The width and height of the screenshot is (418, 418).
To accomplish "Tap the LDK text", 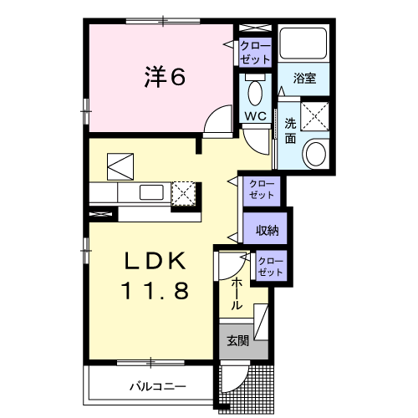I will [x=154, y=261].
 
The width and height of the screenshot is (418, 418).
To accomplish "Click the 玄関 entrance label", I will [x=237, y=340].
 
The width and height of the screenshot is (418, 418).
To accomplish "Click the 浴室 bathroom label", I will [x=304, y=79].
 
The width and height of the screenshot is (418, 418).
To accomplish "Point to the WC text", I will [x=255, y=115].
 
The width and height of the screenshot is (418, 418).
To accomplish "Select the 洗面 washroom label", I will [x=290, y=131].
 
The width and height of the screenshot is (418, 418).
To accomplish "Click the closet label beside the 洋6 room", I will [x=255, y=53].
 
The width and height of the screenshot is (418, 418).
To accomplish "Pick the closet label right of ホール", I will [x=270, y=267].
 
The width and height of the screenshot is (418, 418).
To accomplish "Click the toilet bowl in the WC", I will [x=255, y=90].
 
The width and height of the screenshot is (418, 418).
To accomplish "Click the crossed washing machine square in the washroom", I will [x=315, y=115].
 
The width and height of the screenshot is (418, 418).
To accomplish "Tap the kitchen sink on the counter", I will [x=151, y=192].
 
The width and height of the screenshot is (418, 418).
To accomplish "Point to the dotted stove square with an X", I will [x=183, y=193].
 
